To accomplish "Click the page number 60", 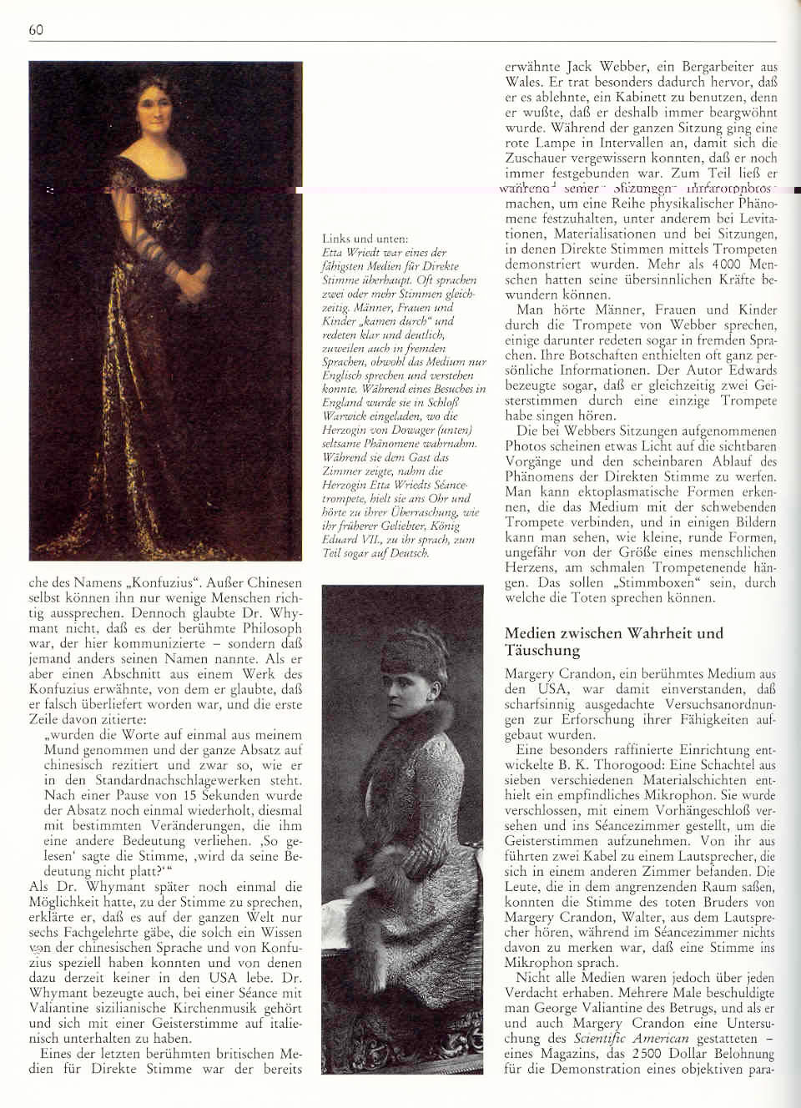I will (x=36, y=30).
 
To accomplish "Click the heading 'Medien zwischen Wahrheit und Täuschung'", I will (x=613, y=641).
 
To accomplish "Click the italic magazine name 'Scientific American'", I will (x=631, y=1039).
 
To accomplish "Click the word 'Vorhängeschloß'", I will (x=676, y=810).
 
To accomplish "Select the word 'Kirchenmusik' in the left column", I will (x=192, y=1008).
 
